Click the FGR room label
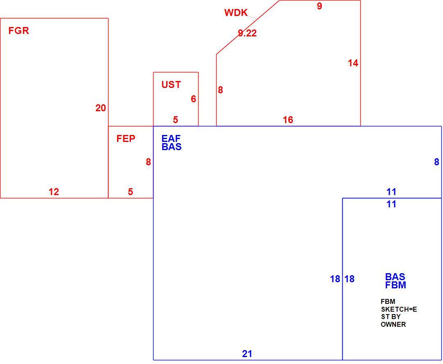click(19, 31)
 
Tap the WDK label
click(236, 13)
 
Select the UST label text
click(171, 84)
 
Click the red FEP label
click(126, 139)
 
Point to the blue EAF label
click(171, 138)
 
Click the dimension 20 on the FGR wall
click(101, 108)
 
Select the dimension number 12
click(54, 192)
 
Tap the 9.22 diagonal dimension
click(247, 33)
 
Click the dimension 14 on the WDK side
click(353, 63)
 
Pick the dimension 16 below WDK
click(288, 120)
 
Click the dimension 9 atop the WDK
click(319, 6)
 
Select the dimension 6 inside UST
click(193, 99)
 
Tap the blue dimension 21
click(247, 354)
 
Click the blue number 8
click(436, 162)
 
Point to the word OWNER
click(393, 324)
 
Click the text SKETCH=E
click(399, 309)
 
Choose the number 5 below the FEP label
click(130, 192)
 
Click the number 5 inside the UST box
click(176, 120)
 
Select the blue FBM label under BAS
click(396, 285)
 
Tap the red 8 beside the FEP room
click(148, 162)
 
